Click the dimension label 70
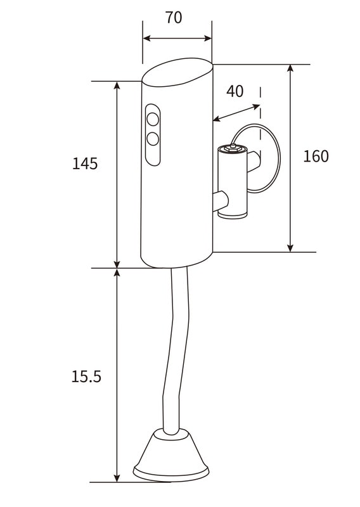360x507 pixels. (174, 18)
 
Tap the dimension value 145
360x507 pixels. (85, 164)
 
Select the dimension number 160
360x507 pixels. (316, 156)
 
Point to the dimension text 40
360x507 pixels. (235, 91)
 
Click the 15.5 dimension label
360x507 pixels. (86, 376)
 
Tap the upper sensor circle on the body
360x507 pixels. (153, 120)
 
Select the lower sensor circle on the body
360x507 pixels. (153, 139)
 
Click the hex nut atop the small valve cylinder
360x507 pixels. (233, 148)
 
